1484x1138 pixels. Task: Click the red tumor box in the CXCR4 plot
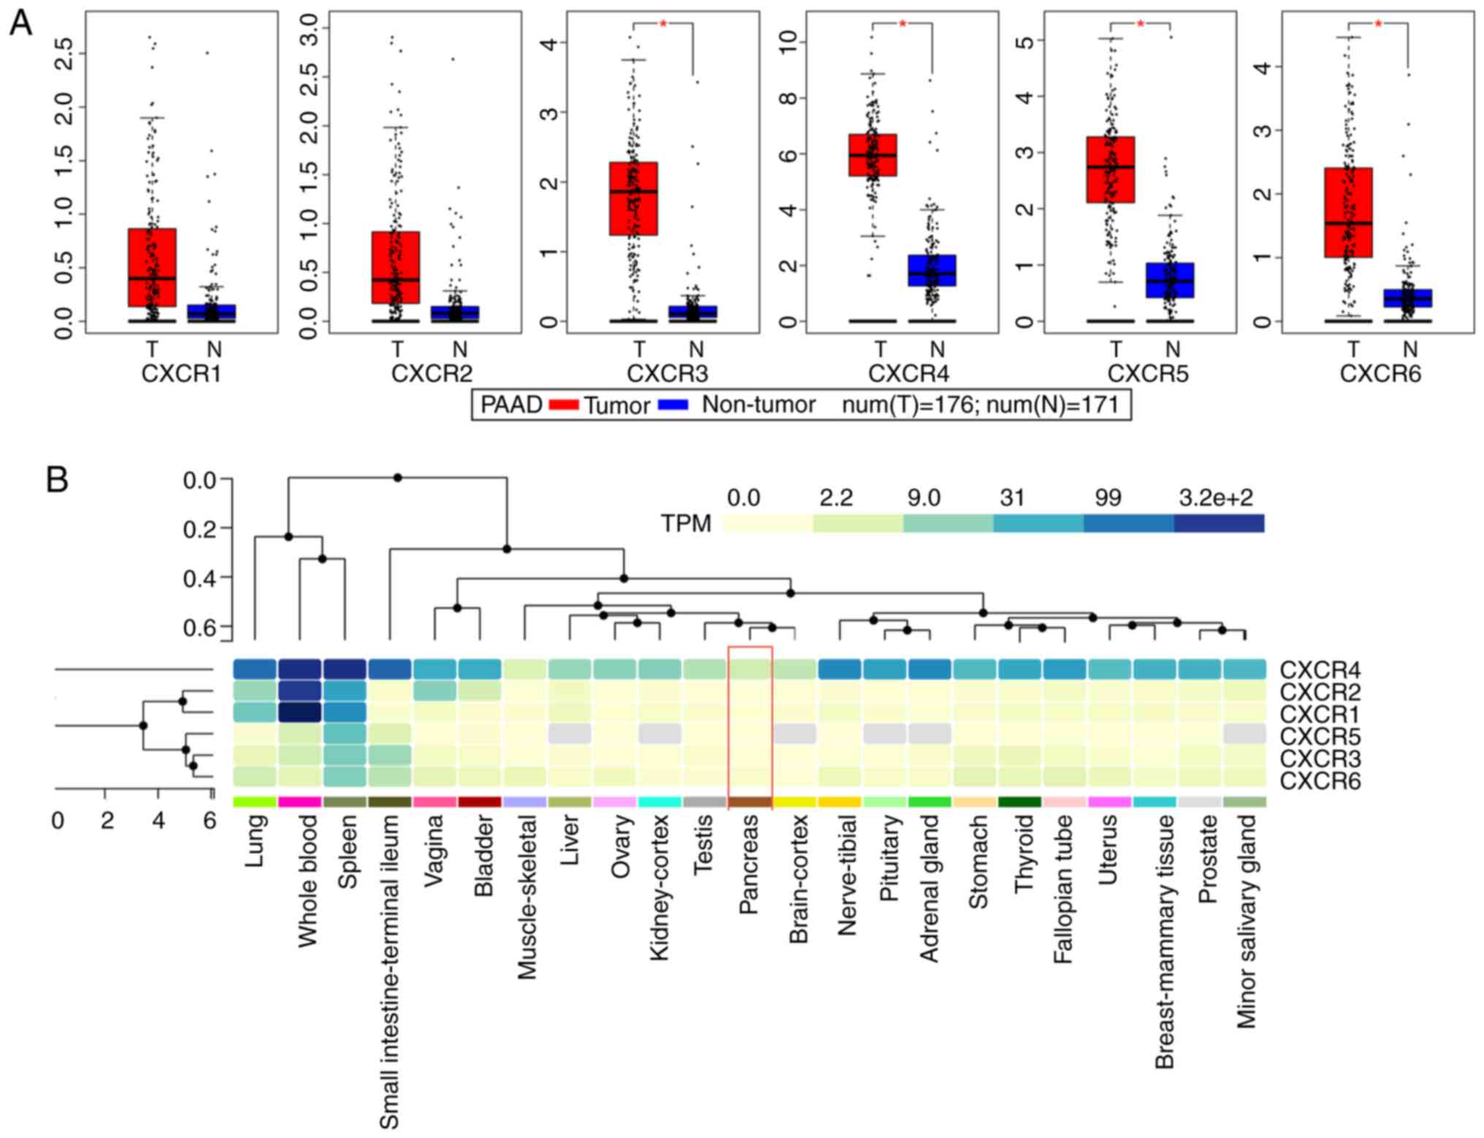872,155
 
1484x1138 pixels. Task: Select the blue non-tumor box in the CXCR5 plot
1169,280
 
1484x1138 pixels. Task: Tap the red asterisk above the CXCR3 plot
663,24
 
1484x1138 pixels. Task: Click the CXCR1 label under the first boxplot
180,374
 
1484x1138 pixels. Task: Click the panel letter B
57,480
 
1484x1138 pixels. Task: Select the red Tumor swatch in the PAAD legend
563,404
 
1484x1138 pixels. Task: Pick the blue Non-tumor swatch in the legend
673,404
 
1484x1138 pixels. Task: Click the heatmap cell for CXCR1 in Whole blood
299,712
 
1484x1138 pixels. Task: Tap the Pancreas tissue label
749,865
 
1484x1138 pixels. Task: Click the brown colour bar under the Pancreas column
749,801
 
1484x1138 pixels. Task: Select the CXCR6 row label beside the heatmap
1320,781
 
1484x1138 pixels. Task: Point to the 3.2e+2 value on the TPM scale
1215,498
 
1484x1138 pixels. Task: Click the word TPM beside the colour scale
685,523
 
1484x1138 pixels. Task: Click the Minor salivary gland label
1246,921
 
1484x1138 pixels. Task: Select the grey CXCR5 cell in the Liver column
570,734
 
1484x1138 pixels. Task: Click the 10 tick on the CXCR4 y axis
787,42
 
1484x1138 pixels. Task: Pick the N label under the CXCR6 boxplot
1410,350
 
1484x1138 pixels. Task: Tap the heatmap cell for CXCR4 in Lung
255,669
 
